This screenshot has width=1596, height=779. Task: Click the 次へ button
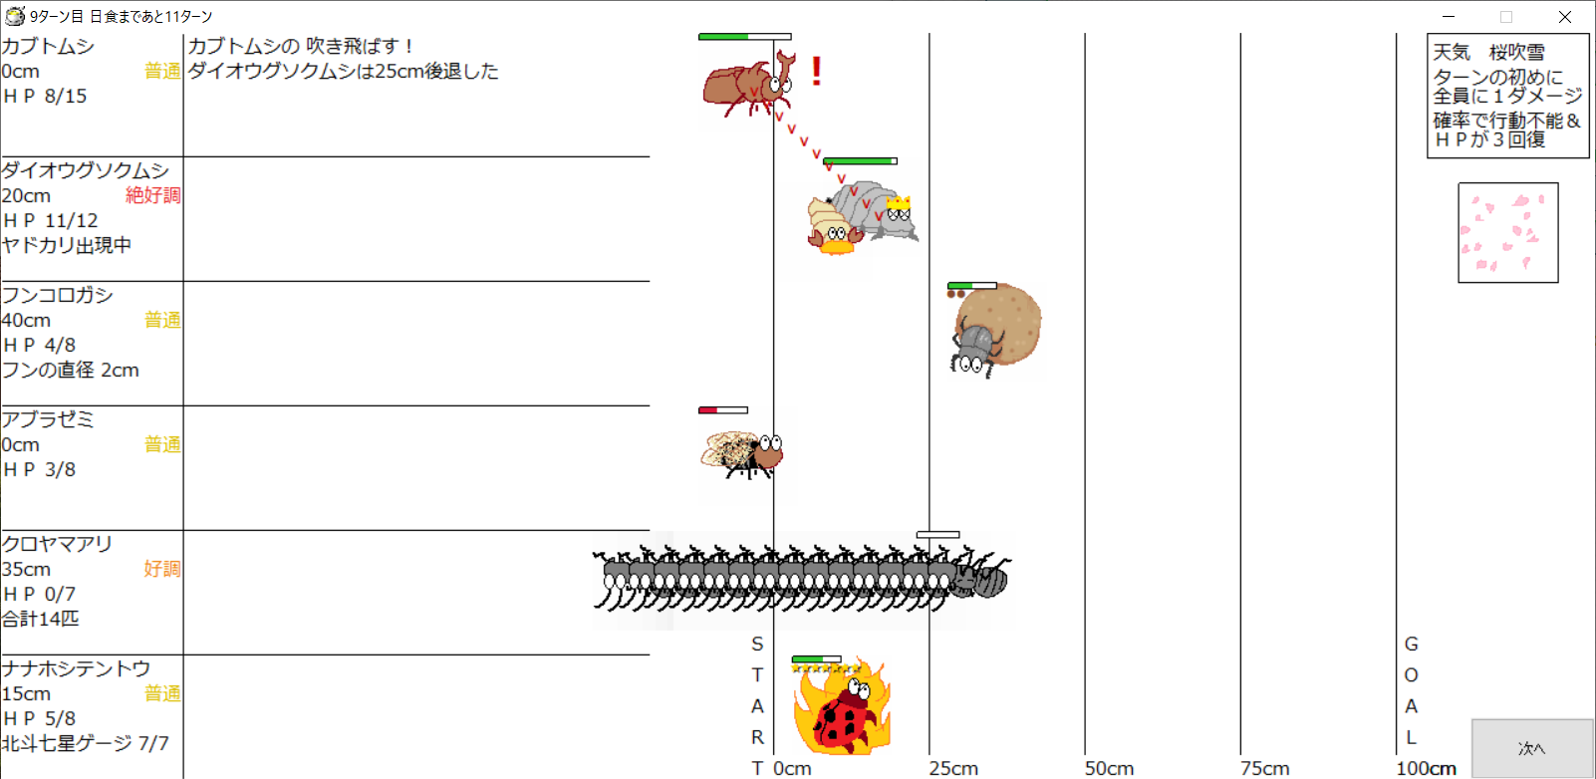click(1532, 748)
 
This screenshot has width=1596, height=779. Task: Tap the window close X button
click(1565, 16)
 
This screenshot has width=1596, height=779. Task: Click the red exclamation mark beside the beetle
click(817, 72)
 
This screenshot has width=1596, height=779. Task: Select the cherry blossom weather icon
click(1507, 232)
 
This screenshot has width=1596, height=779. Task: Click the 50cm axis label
click(1109, 768)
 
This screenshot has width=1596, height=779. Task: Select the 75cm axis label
click(1264, 768)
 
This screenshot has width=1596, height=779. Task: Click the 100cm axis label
click(1426, 768)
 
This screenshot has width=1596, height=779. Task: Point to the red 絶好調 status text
click(153, 195)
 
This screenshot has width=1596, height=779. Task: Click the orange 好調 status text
click(162, 569)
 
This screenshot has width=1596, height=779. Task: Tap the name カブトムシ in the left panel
click(48, 47)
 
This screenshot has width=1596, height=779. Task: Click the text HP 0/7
click(39, 594)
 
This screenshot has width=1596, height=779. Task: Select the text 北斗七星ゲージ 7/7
click(86, 743)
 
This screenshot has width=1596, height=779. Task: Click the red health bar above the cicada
click(723, 409)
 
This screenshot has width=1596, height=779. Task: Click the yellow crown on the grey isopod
click(899, 203)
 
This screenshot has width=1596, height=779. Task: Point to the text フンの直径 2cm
click(71, 370)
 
